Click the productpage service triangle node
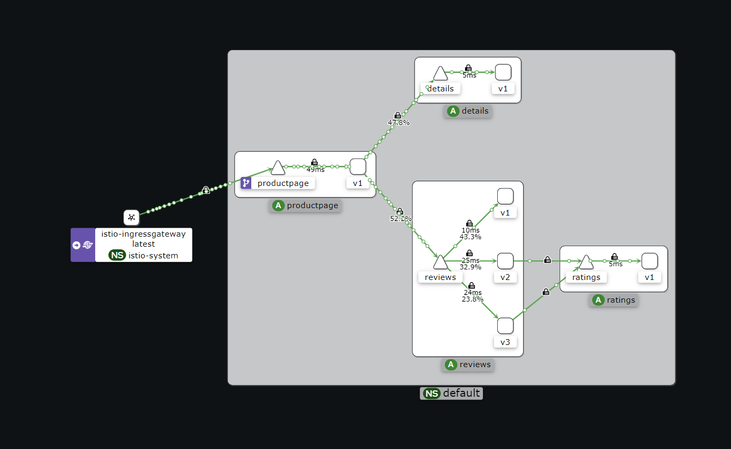point(278,169)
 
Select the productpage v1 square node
point(358,166)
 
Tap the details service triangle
point(440,74)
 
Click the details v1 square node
point(503,72)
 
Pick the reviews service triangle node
point(440,262)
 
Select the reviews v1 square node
point(505,196)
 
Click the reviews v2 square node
point(505,261)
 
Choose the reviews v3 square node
point(505,326)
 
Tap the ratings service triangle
point(586,262)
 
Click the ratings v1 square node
point(650,261)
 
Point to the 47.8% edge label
point(399,123)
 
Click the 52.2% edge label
point(400,218)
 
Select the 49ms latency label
point(315,170)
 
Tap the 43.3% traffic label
point(470,237)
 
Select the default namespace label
point(451,393)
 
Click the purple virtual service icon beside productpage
point(246,183)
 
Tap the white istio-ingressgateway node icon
point(131,217)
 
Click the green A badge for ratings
point(598,300)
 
